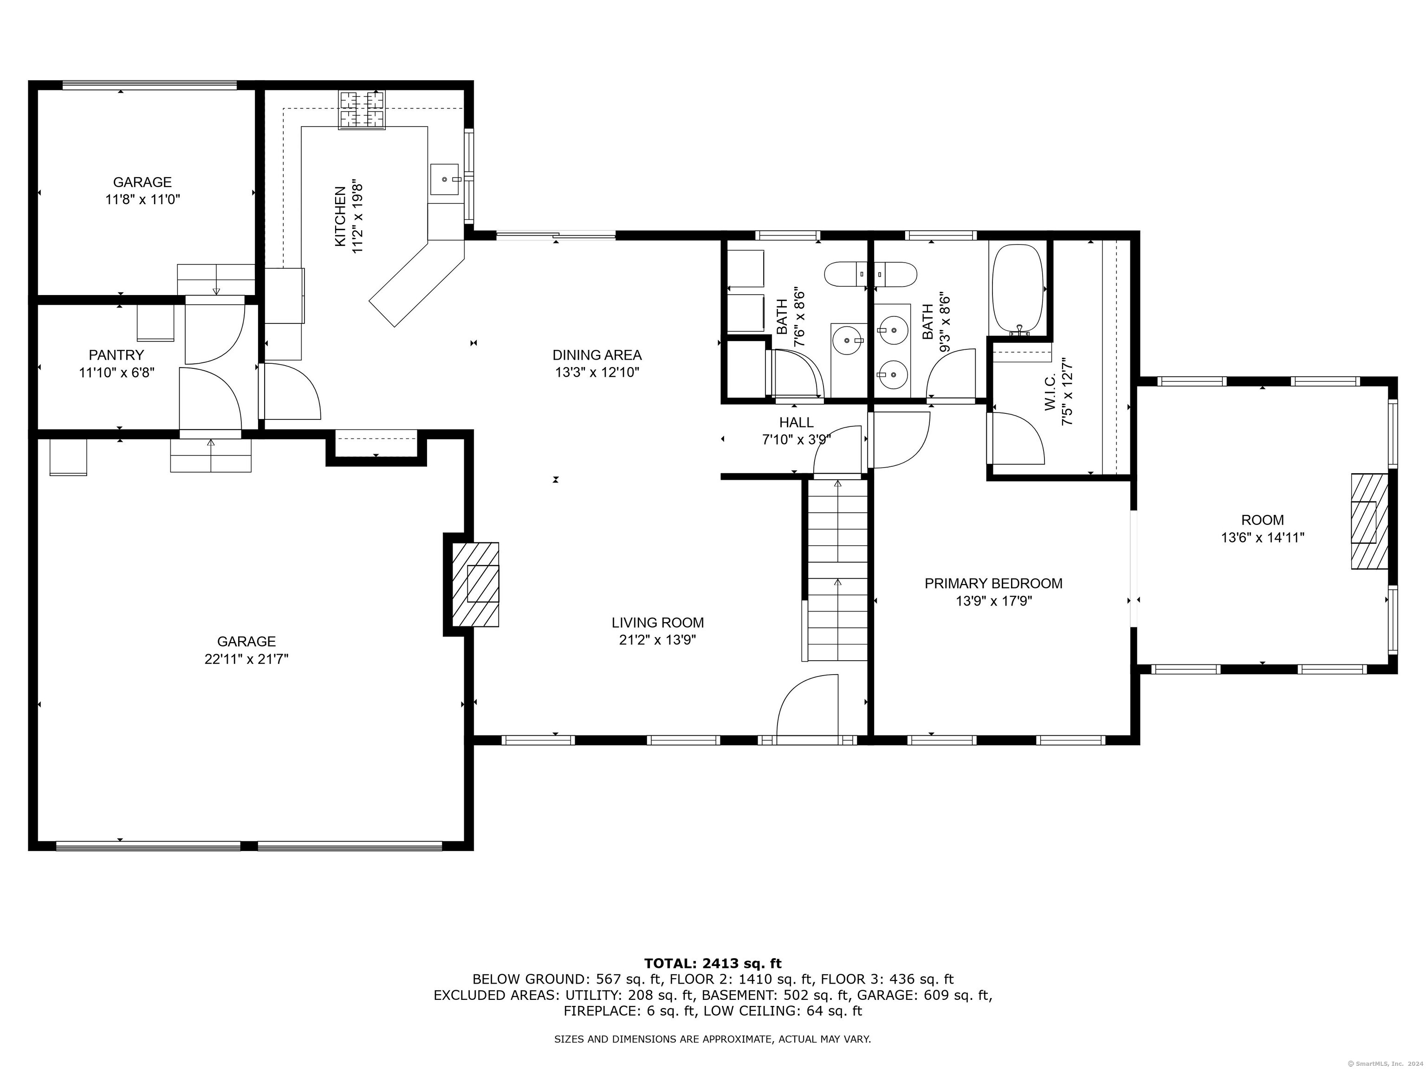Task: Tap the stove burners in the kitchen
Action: pyautogui.click(x=362, y=110)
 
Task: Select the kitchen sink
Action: pyautogui.click(x=444, y=179)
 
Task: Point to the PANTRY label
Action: pyautogui.click(x=116, y=354)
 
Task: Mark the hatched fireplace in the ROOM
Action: pyautogui.click(x=1369, y=522)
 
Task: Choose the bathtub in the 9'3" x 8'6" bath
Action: pyautogui.click(x=1018, y=290)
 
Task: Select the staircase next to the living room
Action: pyautogui.click(x=837, y=570)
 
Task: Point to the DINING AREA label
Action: pyautogui.click(x=597, y=354)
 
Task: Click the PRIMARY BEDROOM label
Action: pyautogui.click(x=993, y=583)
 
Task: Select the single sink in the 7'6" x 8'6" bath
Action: pyautogui.click(x=846, y=340)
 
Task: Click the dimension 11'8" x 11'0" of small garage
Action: pyautogui.click(x=143, y=200)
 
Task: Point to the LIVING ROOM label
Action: pyautogui.click(x=658, y=623)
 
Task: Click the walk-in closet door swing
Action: pyautogui.click(x=1018, y=438)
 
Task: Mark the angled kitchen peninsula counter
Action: pyautogui.click(x=416, y=283)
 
